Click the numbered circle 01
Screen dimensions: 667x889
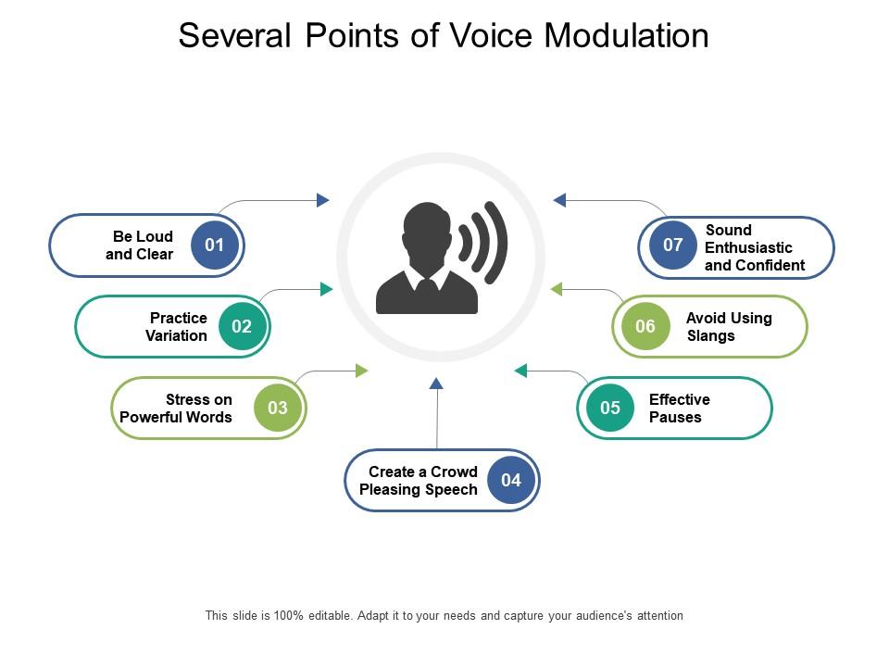point(215,245)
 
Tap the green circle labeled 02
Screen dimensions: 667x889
point(242,326)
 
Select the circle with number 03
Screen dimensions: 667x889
point(278,408)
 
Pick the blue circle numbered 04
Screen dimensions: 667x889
point(511,480)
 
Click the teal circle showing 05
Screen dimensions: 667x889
point(610,408)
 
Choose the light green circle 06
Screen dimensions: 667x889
point(645,326)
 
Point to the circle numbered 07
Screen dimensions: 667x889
point(673,245)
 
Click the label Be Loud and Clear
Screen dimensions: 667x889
point(140,245)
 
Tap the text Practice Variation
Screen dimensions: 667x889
point(177,327)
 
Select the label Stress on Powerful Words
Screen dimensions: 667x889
point(177,409)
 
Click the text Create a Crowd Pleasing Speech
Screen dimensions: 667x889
point(419,481)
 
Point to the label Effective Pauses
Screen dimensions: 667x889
point(679,409)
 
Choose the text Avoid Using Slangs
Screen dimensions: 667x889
point(728,327)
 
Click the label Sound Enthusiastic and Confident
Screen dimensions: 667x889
point(754,247)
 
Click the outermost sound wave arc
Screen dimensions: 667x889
point(499,243)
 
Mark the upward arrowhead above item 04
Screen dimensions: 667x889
point(437,383)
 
